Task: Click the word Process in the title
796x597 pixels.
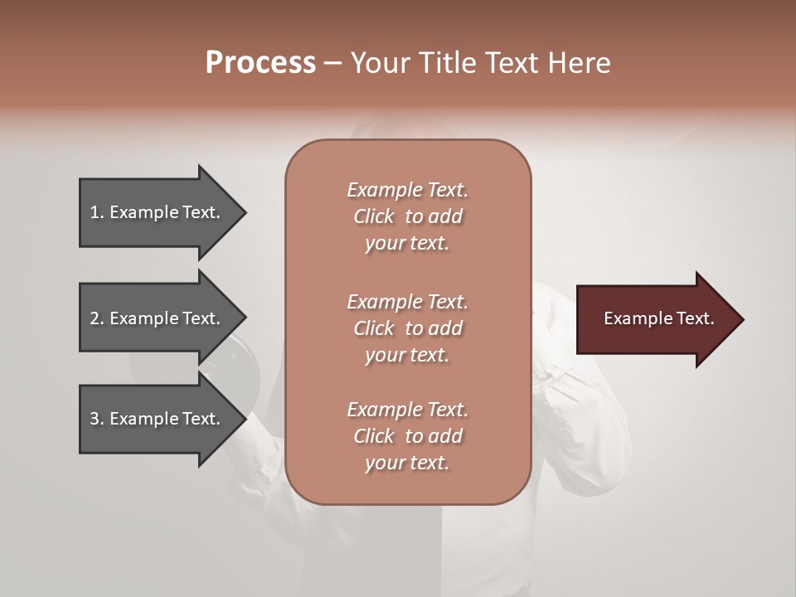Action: point(260,63)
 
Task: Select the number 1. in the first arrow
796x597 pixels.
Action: point(97,213)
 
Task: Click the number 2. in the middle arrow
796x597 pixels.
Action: point(97,318)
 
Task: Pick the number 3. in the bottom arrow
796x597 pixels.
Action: point(97,419)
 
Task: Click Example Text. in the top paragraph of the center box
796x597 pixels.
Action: point(407,190)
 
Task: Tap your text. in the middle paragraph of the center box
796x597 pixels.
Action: point(407,355)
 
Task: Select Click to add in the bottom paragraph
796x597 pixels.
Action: point(407,436)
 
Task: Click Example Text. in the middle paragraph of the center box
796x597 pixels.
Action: point(407,301)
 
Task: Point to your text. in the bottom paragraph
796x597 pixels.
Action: point(407,463)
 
